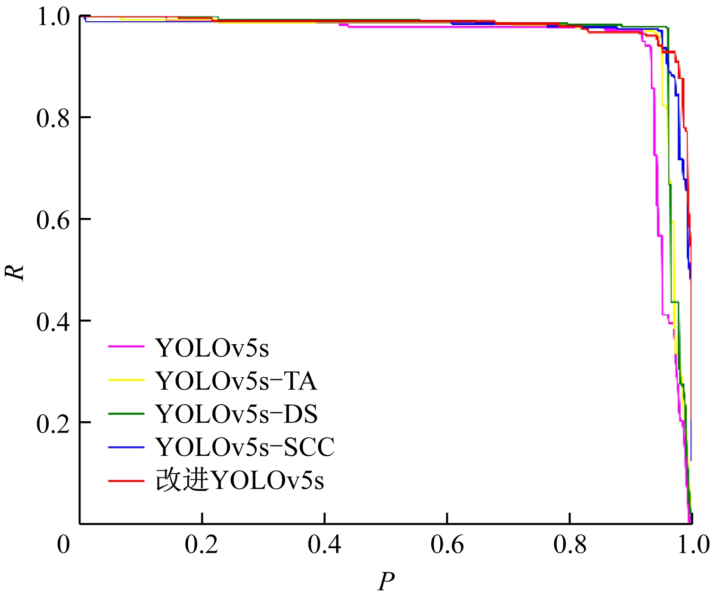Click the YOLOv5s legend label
tap(212, 348)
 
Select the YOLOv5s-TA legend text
tap(236, 381)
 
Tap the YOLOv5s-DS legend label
tap(236, 414)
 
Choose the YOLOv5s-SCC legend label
tap(245, 447)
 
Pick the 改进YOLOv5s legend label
tap(240, 481)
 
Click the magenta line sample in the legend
tap(126, 347)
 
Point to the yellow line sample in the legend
tap(126, 380)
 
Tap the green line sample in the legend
tap(126, 413)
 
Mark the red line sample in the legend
tap(126, 480)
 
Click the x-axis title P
tap(386, 582)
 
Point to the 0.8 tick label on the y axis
tap(53, 118)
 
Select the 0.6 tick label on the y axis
tap(53, 220)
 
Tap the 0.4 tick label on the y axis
tap(53, 322)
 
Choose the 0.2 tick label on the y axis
tap(53, 424)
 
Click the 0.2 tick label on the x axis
tap(201, 545)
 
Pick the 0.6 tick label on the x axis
tap(447, 545)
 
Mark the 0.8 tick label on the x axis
tap(570, 545)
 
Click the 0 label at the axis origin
tap(63, 545)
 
